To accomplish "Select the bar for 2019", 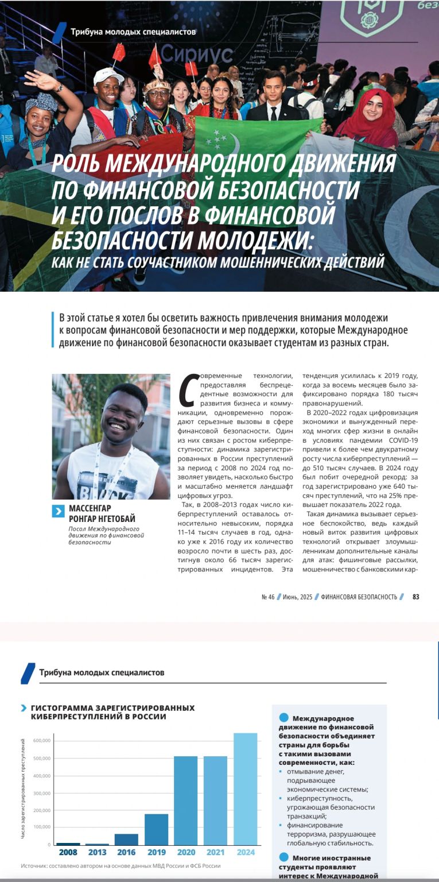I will [x=156, y=829].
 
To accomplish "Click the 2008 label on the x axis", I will [x=68, y=853].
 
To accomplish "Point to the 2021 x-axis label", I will [x=215, y=853].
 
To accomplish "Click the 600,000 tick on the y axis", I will [x=42, y=741].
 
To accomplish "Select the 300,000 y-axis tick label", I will [x=42, y=793].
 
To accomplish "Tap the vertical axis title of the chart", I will [x=24, y=792].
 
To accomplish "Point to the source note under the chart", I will [x=121, y=866].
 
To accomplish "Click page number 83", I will [x=415, y=597].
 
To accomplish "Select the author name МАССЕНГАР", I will [x=90, y=508].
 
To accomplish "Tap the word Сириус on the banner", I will [x=196, y=55].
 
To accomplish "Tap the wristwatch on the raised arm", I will [x=59, y=88].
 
